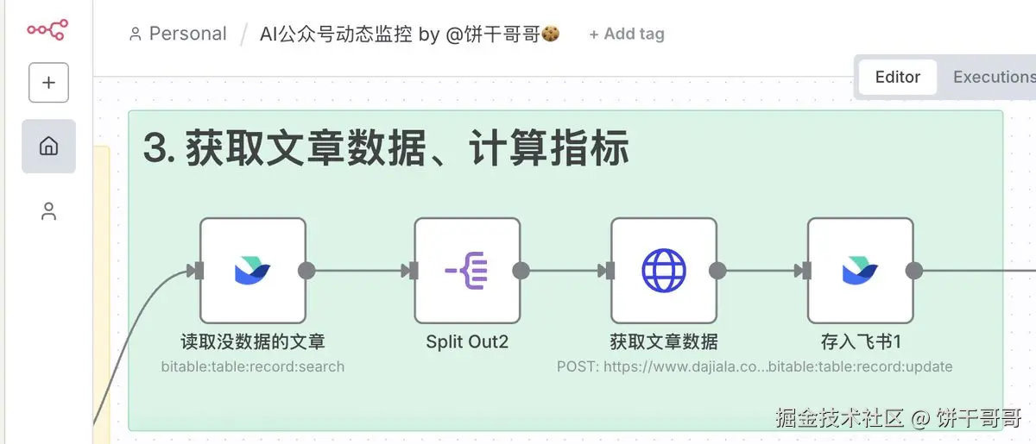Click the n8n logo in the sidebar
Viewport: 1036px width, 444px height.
coord(47,30)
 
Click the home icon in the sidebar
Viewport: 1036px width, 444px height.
coord(48,146)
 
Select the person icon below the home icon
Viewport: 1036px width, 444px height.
coord(48,211)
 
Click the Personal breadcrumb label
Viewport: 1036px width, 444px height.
coord(186,34)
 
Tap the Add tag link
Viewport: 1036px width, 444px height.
coord(627,34)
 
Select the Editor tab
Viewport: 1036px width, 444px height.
coord(897,77)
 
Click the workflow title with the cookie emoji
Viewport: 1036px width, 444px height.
coord(410,34)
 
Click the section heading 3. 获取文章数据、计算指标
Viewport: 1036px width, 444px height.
coord(386,149)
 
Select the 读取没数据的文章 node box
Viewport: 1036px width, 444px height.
coord(253,270)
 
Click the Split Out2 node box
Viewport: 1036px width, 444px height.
coord(467,270)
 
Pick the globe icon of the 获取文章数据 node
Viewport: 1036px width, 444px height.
coord(664,270)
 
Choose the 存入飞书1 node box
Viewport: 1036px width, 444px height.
coord(861,270)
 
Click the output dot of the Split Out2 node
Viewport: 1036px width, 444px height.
coord(521,271)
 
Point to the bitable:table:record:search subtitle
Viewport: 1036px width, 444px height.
coord(253,366)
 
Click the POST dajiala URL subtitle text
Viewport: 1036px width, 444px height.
coord(661,366)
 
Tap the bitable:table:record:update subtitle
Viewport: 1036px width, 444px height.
coord(861,366)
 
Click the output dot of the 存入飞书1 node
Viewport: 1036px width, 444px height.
coord(914,271)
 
